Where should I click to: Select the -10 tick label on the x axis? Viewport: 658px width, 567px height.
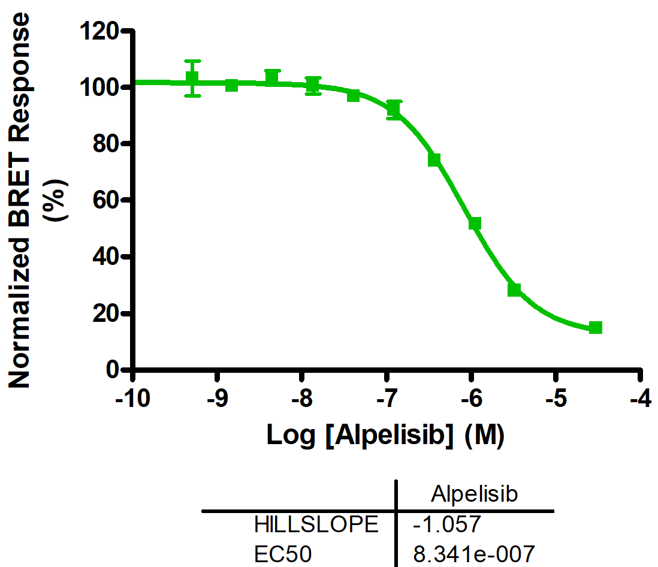coord(132,400)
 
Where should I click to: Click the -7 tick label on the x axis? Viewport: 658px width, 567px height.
coord(387,400)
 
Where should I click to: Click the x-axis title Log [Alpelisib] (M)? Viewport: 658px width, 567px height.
coord(385,436)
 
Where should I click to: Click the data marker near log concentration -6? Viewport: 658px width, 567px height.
coord(475,224)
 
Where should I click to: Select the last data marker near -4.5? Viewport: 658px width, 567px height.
coord(595,327)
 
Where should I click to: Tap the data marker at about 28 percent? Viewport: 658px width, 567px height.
coord(514,289)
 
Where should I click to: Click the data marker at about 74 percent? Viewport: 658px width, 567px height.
coord(434,159)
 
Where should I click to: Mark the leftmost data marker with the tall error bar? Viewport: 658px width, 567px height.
coord(192,79)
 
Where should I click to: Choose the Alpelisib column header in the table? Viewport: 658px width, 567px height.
coord(474,495)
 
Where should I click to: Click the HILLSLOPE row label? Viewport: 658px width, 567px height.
coord(316,525)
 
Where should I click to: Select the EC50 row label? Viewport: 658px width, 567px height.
coord(283,554)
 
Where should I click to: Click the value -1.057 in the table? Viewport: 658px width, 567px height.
coord(446,525)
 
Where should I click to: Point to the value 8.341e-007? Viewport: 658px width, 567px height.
coord(473,554)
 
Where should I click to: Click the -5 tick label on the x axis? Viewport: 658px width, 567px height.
coord(557,400)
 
